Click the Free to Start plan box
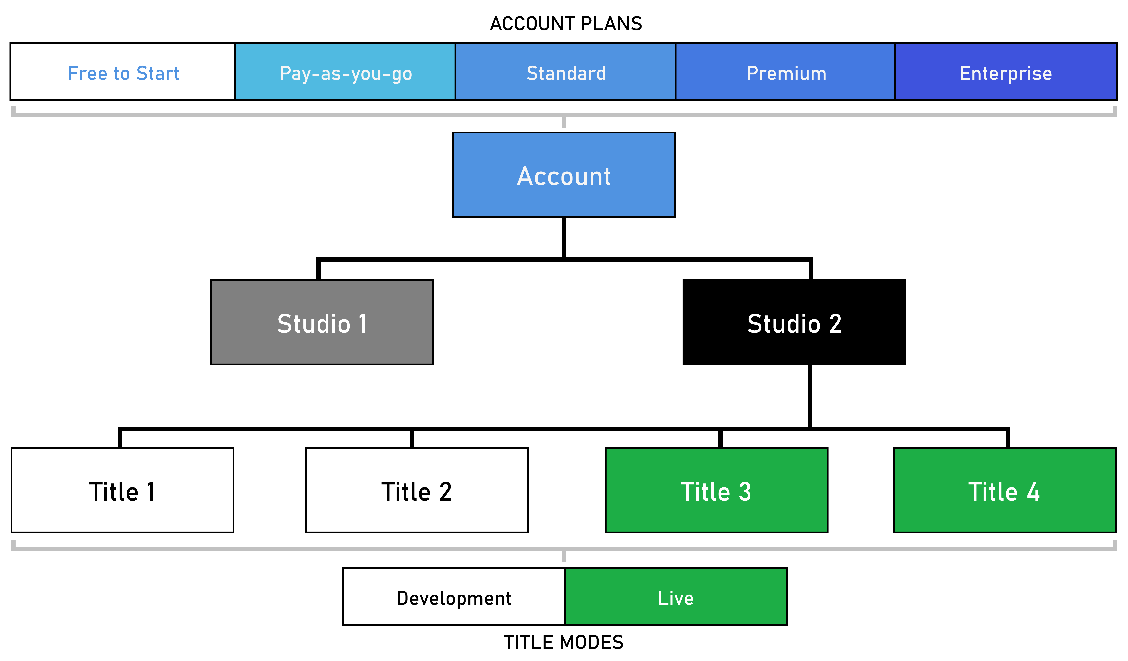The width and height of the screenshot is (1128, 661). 123,72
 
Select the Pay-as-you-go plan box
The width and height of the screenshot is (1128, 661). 345,72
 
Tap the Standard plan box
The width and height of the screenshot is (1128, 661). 565,72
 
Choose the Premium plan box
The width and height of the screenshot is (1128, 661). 785,72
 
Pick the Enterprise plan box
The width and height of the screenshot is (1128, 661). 1006,72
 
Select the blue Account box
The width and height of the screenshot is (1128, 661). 564,174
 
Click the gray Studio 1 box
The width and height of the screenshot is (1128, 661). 322,322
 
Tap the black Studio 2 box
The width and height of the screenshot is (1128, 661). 794,322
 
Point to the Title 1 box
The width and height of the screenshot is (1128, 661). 122,490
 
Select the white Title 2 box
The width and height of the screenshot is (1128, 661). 417,490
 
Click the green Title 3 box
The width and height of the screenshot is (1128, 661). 716,490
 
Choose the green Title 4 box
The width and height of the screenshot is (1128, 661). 1004,490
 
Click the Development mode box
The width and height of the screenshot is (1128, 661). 454,597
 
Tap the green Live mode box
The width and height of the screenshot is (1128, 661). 676,597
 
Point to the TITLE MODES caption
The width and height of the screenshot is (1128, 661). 564,642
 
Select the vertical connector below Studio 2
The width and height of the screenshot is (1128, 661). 810,396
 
